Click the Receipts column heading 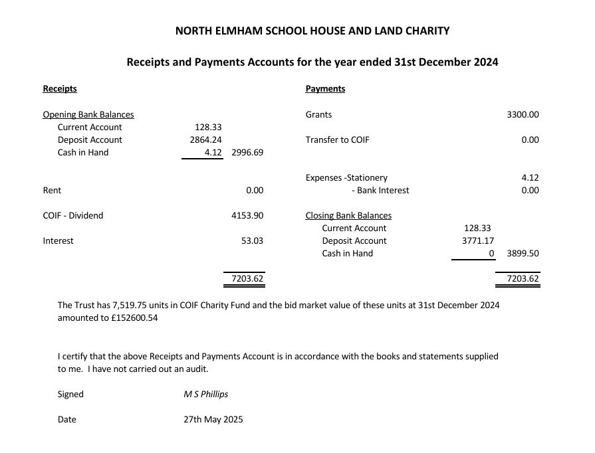tap(60, 89)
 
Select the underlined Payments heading tap(325, 89)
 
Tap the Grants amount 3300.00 tap(523, 114)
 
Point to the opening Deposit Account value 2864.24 tap(206, 140)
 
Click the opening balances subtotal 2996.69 tap(247, 153)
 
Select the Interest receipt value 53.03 tap(252, 241)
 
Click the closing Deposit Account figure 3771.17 tap(478, 241)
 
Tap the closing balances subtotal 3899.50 tap(523, 254)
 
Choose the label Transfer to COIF tap(337, 140)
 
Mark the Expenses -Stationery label tap(346, 178)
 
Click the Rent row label tap(52, 191)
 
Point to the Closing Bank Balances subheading tap(348, 216)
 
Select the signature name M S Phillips tap(206, 395)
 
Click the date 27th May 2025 tap(213, 420)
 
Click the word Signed tap(70, 395)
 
